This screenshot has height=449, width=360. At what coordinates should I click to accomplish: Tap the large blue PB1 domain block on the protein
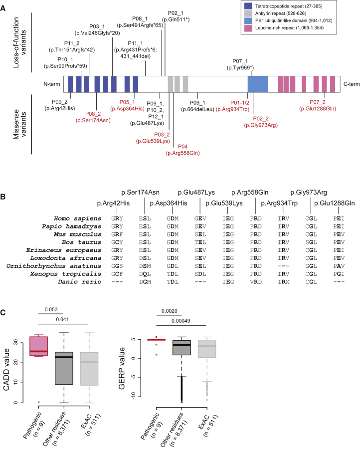pyautogui.click(x=258, y=83)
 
